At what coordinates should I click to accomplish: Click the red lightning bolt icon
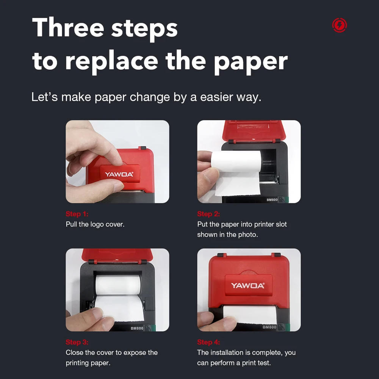tap(339, 25)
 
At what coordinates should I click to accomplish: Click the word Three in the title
tap(68, 27)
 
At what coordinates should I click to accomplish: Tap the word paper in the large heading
tap(251, 62)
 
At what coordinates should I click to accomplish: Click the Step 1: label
tap(77, 214)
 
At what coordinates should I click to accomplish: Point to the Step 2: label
tap(208, 214)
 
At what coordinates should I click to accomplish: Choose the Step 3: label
tap(77, 342)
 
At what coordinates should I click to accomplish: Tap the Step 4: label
tap(208, 342)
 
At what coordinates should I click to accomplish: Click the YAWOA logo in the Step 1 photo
tap(119, 174)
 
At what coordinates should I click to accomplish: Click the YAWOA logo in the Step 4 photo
tap(248, 286)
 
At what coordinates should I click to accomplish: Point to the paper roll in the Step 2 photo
tap(236, 160)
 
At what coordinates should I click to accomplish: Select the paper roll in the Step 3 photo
tap(118, 285)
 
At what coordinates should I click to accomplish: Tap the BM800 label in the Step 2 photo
tap(272, 200)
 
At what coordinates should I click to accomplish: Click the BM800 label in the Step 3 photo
tap(137, 328)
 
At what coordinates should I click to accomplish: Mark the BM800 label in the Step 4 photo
tap(269, 327)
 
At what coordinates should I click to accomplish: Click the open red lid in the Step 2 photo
tap(254, 130)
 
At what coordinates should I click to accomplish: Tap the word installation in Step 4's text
tap(226, 352)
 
